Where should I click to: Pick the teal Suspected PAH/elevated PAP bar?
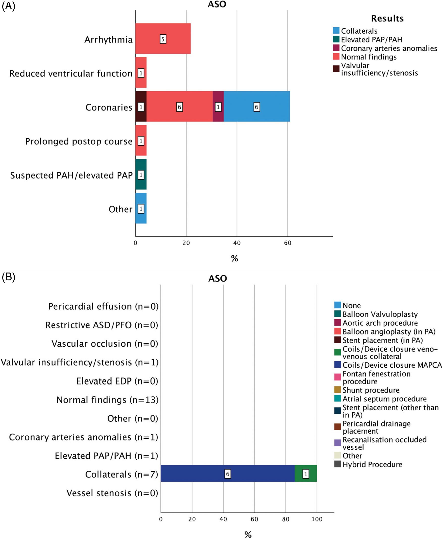click(141, 174)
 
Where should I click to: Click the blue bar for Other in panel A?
click(141, 208)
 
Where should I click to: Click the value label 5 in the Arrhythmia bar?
click(163, 39)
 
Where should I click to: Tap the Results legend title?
click(387, 18)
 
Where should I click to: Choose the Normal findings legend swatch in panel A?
click(336, 56)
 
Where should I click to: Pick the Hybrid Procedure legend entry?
click(372, 464)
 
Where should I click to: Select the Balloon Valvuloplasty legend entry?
click(380, 314)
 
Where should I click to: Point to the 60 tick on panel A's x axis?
click(287, 243)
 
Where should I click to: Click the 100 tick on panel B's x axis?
click(317, 519)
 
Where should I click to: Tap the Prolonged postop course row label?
click(79, 141)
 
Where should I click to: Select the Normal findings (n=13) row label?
click(107, 400)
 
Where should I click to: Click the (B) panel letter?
click(8, 277)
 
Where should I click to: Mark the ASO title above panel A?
click(217, 4)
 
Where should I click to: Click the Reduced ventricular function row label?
click(71, 74)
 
